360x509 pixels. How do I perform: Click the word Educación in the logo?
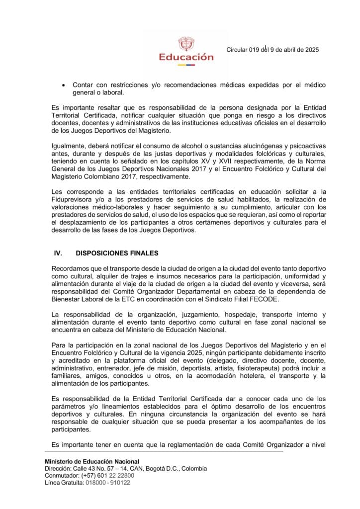[x=186, y=57]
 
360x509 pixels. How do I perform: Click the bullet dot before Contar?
[x=62, y=85]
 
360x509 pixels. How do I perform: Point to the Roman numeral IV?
[x=58, y=253]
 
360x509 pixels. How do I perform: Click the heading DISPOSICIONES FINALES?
[x=117, y=253]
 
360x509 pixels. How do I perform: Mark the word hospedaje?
[x=238, y=315]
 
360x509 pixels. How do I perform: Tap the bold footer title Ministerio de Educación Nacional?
[x=92, y=462]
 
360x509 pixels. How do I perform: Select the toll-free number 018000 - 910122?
[x=107, y=483]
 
